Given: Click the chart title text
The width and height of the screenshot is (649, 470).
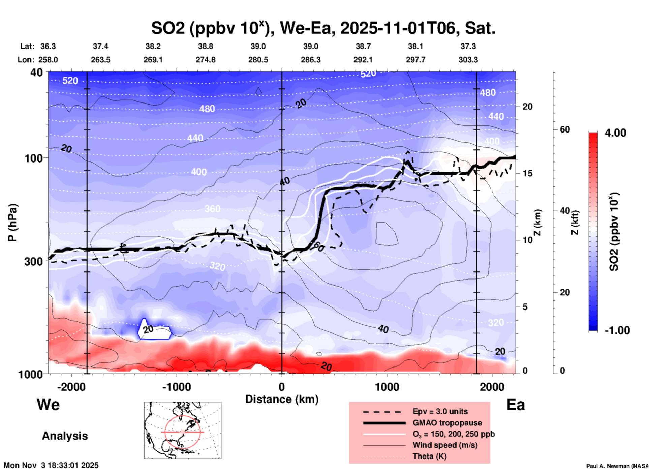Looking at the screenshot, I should pos(323,28).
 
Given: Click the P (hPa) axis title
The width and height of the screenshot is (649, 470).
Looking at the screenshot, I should pos(12,223).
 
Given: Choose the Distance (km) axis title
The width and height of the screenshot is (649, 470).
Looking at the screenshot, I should pos(282,399).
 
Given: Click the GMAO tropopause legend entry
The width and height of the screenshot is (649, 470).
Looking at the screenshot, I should pos(447,423).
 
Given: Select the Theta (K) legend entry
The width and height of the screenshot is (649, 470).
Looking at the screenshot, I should pos(429,456).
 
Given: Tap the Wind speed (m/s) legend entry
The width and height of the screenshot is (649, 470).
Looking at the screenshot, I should pos(445,445).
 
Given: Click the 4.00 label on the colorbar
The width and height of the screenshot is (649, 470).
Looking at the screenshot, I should pos(615,133).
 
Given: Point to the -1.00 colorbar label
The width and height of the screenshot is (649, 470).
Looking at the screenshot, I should pos(617,330).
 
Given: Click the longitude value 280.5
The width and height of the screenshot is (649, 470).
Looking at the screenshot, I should pos(258,60).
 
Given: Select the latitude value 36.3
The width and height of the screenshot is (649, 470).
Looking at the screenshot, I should pos(48,46).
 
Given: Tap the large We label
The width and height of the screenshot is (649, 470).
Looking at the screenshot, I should pos(48,404).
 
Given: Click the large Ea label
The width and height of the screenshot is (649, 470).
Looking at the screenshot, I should pos(516,405).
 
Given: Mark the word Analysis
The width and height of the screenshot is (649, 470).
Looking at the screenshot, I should pos(65,436).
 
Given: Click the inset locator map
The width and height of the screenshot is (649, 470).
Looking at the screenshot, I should pos(183,430).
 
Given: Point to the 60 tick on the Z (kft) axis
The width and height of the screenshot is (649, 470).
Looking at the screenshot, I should pos(565,129).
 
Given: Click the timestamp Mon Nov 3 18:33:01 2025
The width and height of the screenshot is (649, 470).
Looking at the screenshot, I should pos(51,465).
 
